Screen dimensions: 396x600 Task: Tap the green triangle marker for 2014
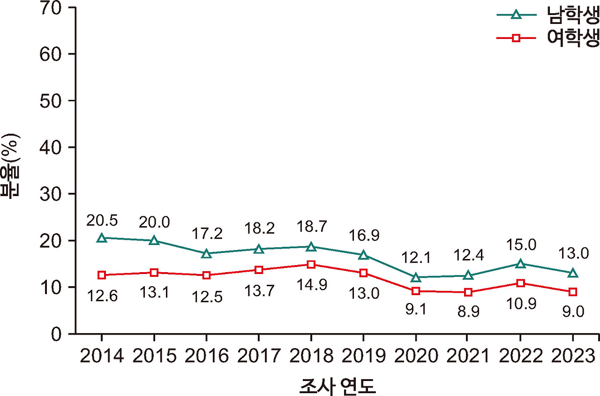pos(102,238)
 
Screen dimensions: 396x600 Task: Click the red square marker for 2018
pos(311,264)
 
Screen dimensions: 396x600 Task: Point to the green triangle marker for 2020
pos(415,277)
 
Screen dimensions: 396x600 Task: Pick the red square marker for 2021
pos(468,292)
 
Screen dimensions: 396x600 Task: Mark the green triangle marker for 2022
pos(520,264)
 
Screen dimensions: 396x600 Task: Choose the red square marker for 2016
pos(206,275)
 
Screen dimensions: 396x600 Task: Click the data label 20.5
pos(102,220)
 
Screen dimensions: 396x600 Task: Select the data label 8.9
pos(468,312)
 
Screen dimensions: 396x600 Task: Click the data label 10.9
pos(520,304)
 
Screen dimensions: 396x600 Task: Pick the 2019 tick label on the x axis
pos(363,357)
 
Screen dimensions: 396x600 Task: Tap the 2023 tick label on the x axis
pos(572,357)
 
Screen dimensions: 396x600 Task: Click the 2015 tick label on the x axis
pos(154,357)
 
